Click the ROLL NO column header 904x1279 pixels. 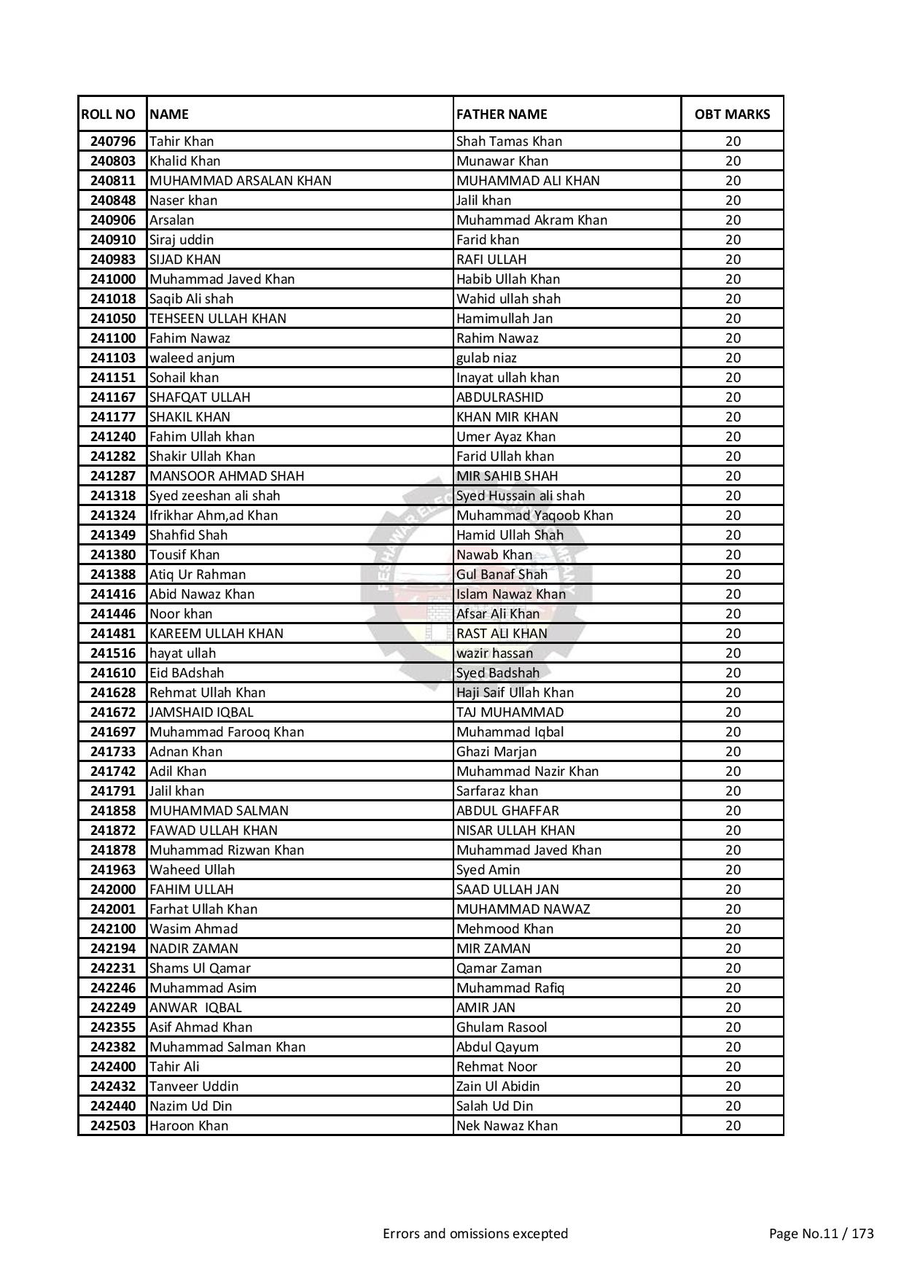tap(109, 114)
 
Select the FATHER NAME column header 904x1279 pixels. tap(502, 114)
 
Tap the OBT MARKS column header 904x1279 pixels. tap(732, 114)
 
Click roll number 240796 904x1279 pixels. tap(113, 141)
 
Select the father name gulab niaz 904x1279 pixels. tap(486, 358)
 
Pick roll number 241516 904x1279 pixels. tap(113, 653)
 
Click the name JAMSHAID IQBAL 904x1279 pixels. tap(201, 712)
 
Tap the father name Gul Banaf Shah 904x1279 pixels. tap(502, 575)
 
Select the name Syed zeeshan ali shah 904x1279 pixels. tap(214, 496)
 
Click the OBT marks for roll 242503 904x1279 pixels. tap(733, 1126)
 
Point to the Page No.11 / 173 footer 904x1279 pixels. tap(821, 1234)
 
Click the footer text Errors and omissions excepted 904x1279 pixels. tap(475, 1234)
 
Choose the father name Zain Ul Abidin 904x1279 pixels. tap(498, 1086)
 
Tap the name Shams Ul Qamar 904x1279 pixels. tap(200, 968)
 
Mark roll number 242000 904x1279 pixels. tap(113, 890)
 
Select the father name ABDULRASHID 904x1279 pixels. tap(499, 397)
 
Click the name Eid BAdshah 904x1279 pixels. tap(187, 673)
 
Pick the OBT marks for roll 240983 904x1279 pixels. tap(733, 260)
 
